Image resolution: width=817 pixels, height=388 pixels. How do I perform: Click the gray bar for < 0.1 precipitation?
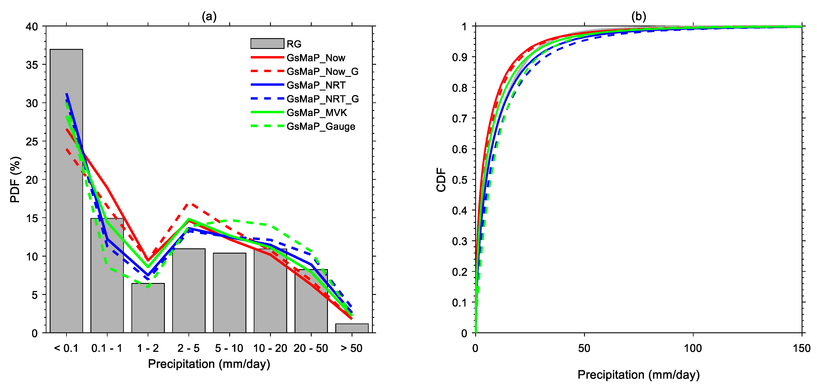[66, 222]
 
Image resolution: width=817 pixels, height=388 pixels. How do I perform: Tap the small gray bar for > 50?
[352, 328]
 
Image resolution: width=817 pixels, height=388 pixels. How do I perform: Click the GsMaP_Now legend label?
[316, 58]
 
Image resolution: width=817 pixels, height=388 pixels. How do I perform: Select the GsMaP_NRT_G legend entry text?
[323, 99]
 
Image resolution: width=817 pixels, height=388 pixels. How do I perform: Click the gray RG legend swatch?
[267, 44]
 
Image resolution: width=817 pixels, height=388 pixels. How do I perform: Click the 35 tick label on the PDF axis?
[32, 65]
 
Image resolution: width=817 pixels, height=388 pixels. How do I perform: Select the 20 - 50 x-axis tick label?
[311, 348]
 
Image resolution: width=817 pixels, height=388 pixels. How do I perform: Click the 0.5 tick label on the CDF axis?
[460, 180]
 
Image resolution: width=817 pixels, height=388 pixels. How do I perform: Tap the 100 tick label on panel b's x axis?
[693, 348]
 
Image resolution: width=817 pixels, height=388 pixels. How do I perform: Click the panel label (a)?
[209, 16]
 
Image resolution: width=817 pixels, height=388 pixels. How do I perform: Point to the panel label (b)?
[639, 16]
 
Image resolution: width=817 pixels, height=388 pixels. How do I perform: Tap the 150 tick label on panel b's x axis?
[801, 348]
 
